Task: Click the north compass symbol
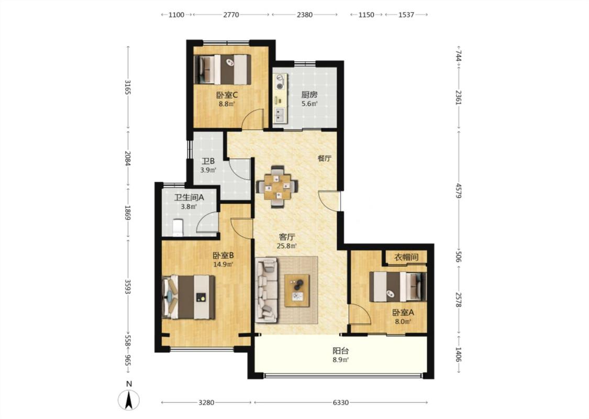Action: (129, 400)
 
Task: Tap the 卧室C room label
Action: (227, 95)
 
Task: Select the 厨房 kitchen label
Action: (309, 95)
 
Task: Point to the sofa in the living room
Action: (266, 290)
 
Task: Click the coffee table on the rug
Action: (297, 291)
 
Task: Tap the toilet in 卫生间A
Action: (177, 228)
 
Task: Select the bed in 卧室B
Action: (188, 297)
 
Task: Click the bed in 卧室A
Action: (398, 286)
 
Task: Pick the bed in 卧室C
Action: (223, 70)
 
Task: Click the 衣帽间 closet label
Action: (406, 257)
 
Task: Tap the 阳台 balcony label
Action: (341, 351)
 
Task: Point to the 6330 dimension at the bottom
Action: (341, 402)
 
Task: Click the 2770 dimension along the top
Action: (231, 15)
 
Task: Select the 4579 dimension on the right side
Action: (458, 191)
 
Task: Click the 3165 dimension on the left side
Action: (128, 87)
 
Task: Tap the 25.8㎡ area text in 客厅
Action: (287, 247)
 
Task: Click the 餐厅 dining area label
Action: (325, 158)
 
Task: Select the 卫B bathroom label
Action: (208, 161)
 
